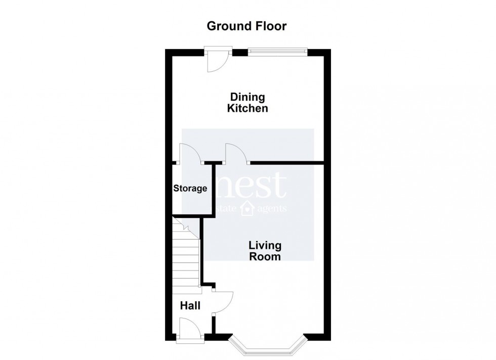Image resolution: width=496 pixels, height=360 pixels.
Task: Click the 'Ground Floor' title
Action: [247, 26]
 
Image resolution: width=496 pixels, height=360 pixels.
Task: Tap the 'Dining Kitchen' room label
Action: [247, 102]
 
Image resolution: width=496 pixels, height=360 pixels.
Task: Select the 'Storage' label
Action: [190, 189]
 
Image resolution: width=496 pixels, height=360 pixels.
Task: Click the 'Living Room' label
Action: [265, 251]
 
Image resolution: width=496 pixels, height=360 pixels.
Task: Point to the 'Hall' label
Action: [190, 305]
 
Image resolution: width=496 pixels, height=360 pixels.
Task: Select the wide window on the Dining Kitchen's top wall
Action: [278, 50]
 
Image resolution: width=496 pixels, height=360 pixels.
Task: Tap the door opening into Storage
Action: [190, 154]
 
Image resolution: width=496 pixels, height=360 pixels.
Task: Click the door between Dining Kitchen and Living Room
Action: [236, 154]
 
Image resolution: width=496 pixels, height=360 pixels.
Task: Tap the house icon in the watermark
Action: [247, 207]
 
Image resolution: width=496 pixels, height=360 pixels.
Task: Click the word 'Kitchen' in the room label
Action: [247, 108]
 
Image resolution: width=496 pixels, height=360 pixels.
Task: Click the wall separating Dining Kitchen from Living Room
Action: [287, 163]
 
